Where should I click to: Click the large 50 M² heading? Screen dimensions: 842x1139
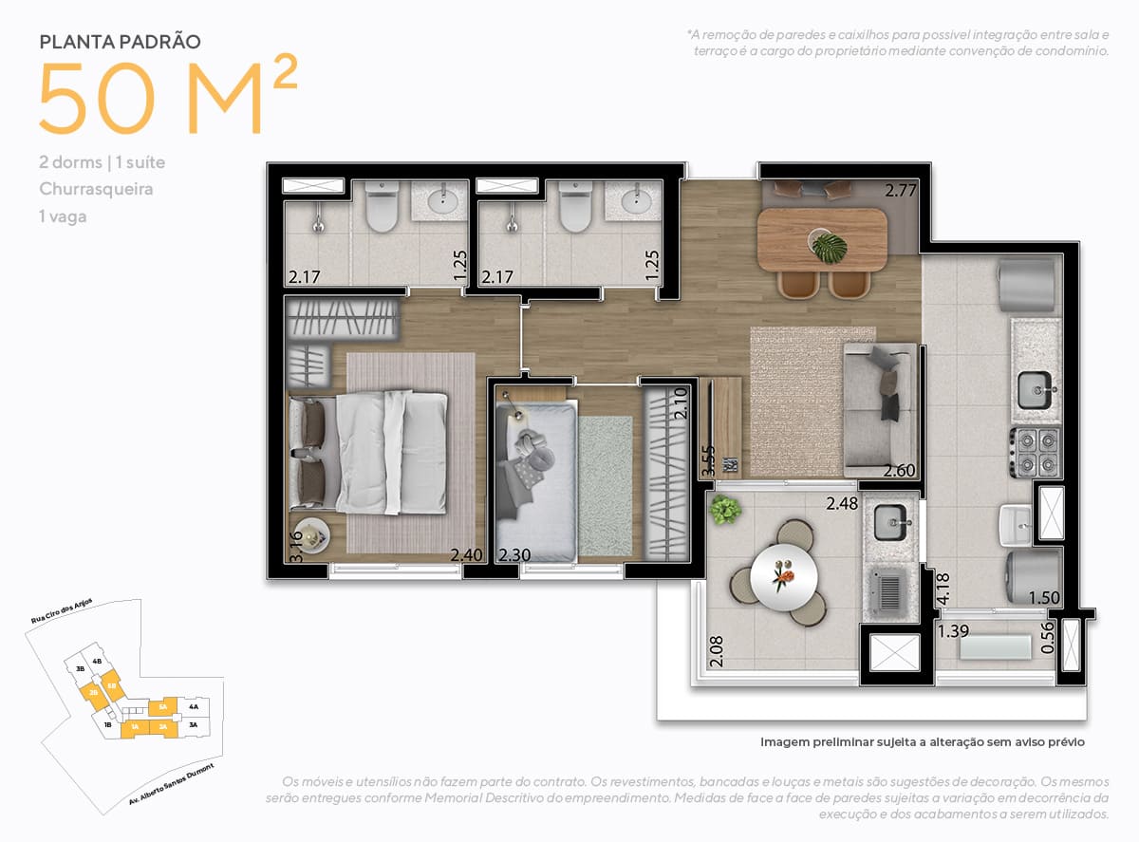[166, 100]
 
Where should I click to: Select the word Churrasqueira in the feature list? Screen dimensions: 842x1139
[96, 189]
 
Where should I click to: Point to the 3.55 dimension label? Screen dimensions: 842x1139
[706, 460]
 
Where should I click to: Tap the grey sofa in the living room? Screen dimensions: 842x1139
[880, 409]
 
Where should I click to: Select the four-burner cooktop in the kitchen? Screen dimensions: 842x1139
[1035, 452]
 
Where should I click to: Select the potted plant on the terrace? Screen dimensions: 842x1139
[726, 511]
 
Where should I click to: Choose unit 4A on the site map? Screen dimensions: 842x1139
[194, 706]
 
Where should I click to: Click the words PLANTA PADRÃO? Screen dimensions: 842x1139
[120, 42]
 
